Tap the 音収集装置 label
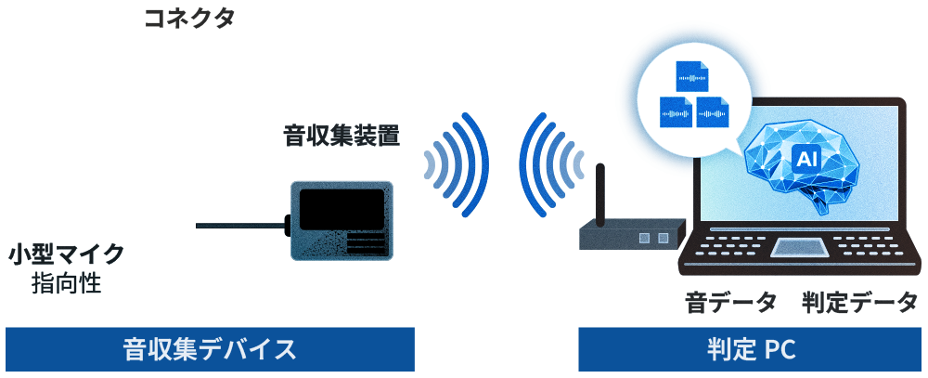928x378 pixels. [342, 137]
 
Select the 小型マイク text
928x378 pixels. [66, 254]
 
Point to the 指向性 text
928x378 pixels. [66, 282]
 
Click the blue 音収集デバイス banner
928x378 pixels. [210, 350]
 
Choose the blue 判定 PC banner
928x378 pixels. [751, 350]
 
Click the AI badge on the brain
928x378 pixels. [805, 160]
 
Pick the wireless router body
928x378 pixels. [631, 237]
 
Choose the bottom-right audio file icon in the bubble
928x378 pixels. [712, 112]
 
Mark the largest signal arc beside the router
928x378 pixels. [532, 165]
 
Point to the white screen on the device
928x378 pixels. [341, 210]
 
